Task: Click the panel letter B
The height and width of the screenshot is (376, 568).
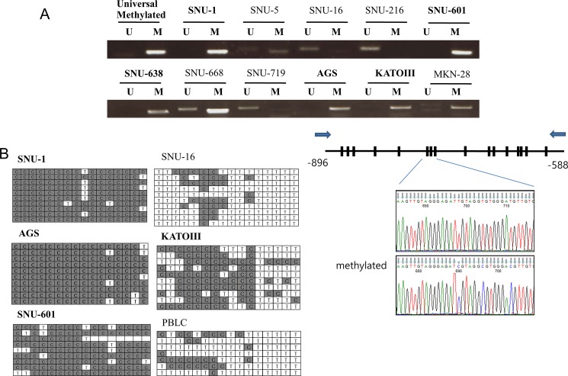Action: (6, 153)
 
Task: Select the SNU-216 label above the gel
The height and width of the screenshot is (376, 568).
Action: (384, 10)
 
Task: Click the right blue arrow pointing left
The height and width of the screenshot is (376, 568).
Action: (557, 132)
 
